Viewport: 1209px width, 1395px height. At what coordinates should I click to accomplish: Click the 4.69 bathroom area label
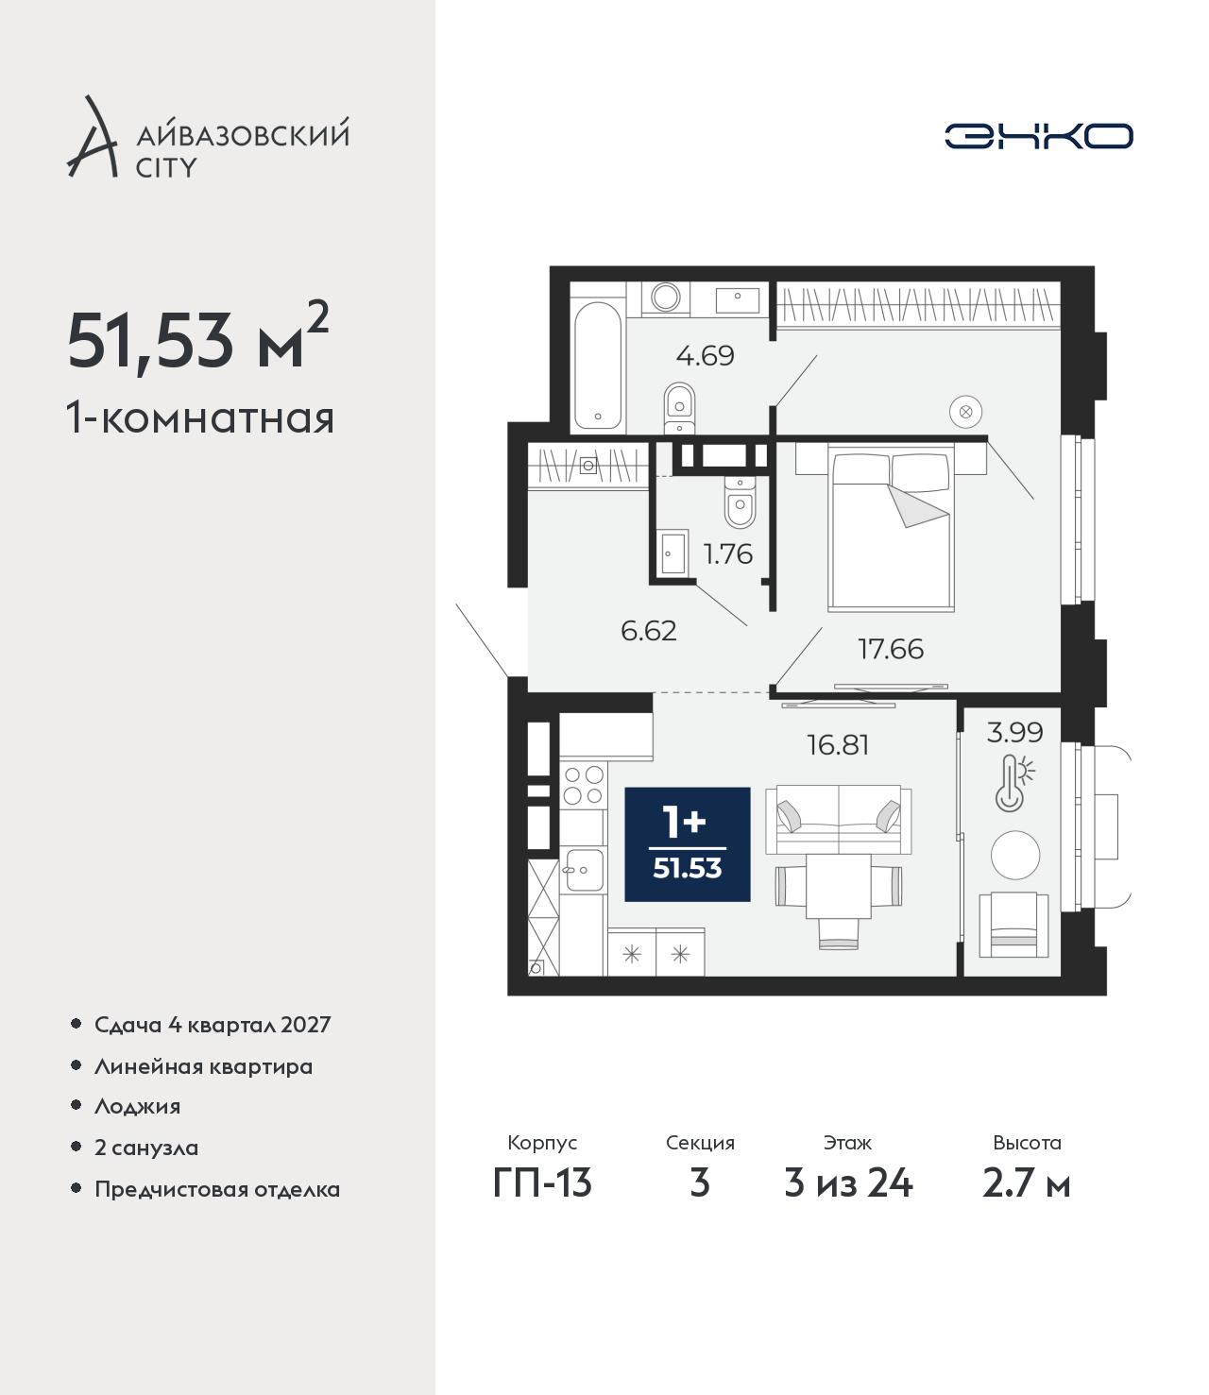pos(705,355)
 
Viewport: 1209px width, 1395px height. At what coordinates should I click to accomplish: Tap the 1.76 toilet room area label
pos(727,554)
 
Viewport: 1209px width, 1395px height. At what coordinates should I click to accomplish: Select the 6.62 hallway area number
pos(648,631)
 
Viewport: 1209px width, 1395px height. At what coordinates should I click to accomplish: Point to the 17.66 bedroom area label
pos(891,649)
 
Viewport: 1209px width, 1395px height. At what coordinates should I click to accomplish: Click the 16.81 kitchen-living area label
pos(838,745)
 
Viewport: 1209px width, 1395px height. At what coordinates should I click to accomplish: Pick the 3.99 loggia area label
pos(1014,732)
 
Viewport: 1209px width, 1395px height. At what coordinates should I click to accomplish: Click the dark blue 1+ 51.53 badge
pos(688,843)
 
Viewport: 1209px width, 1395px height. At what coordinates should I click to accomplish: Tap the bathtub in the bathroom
pos(597,365)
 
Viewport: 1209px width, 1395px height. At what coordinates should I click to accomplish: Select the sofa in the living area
pos(839,819)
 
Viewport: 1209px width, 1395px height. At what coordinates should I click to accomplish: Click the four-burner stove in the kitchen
pos(583,785)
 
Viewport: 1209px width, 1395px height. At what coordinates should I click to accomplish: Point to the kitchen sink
pos(583,871)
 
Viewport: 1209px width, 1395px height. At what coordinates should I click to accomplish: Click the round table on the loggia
pos(1014,855)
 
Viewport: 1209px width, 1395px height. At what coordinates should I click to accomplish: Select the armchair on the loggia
pos(1013,924)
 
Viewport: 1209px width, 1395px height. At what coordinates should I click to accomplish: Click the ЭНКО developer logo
pos(1038,136)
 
